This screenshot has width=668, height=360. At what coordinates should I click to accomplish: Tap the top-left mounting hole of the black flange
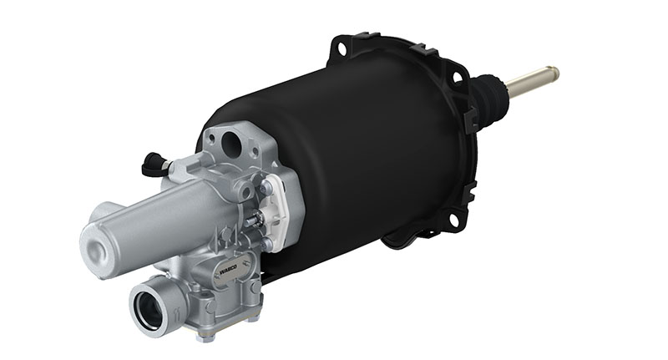point(341,50)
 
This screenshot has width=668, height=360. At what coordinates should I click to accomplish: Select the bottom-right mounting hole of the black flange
point(453,220)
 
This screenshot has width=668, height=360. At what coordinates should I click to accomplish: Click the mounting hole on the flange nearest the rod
point(456,77)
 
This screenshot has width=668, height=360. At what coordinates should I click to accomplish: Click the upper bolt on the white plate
point(265,190)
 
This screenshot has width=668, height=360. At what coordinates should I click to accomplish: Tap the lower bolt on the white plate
point(266,243)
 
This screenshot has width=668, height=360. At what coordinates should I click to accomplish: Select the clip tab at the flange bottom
point(401,243)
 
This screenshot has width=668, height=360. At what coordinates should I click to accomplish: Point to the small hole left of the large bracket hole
point(212,137)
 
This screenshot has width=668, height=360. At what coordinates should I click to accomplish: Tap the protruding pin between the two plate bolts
point(255,219)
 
